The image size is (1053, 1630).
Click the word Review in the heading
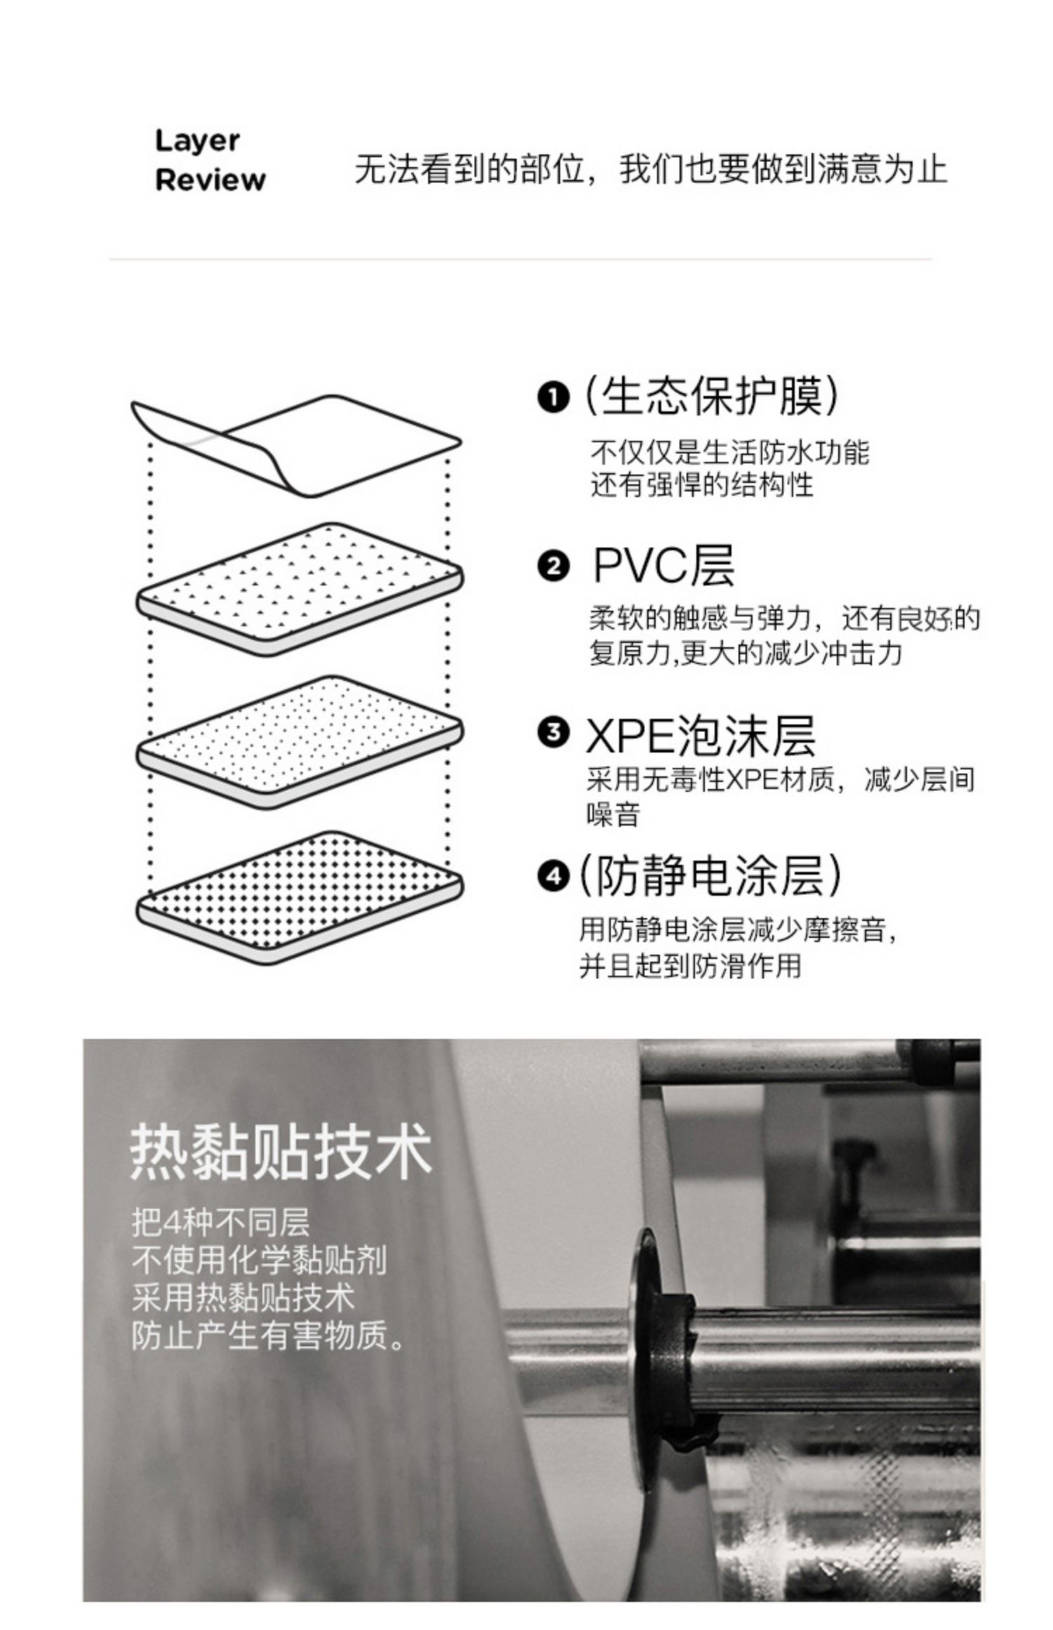[x=210, y=180]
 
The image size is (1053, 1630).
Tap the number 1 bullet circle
[x=553, y=398]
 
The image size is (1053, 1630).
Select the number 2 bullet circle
[x=553, y=566]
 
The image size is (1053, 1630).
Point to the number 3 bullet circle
[x=553, y=732]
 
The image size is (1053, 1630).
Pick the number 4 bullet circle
[x=553, y=875]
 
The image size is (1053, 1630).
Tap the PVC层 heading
[x=663, y=566]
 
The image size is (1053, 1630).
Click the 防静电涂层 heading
[x=709, y=875]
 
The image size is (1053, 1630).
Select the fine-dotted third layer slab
[x=298, y=741]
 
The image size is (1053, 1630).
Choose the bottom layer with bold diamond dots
[x=298, y=895]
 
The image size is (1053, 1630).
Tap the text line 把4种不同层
[x=220, y=1222]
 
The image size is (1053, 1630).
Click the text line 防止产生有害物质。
[x=268, y=1336]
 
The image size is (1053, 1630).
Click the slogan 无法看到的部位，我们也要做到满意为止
[x=650, y=169]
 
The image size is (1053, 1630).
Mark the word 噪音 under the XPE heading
[x=613, y=814]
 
